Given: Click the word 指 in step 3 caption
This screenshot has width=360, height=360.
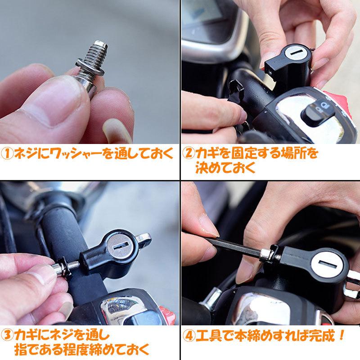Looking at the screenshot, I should click(23, 350).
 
